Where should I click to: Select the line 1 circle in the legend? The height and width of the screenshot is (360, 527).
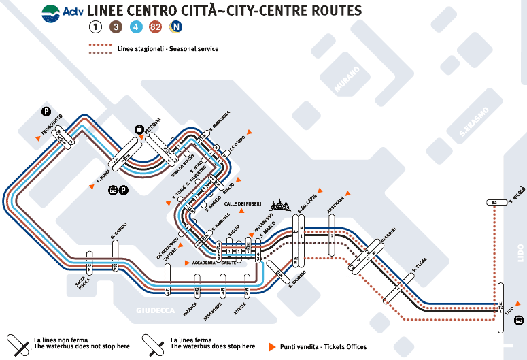(x=97, y=28)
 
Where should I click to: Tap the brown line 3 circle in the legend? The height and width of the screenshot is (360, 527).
(x=116, y=28)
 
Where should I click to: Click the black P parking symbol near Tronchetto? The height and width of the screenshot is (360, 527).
(x=46, y=112)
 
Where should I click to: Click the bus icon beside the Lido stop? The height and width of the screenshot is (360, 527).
(x=519, y=320)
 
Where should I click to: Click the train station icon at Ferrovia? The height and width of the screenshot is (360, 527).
(x=139, y=129)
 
